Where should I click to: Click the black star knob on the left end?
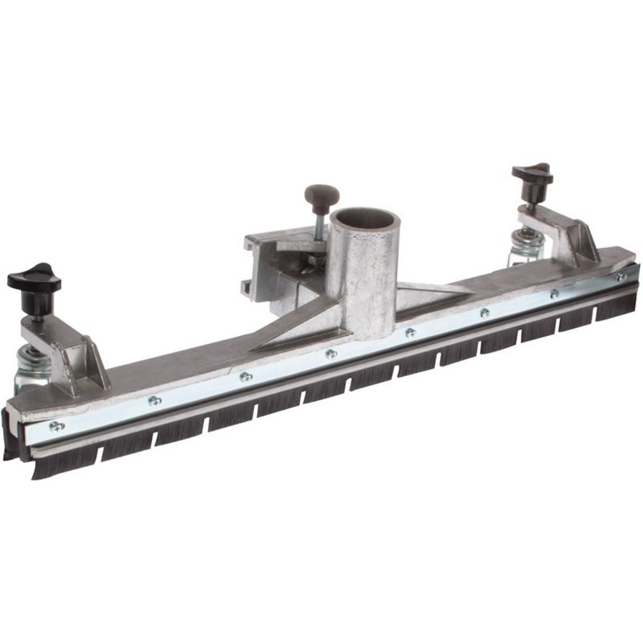34,278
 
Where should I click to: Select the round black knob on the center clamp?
321,195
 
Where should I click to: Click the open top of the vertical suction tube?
363,219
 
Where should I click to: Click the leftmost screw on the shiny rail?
55,426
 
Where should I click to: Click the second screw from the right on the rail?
554,293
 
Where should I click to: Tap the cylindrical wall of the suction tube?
366,289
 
